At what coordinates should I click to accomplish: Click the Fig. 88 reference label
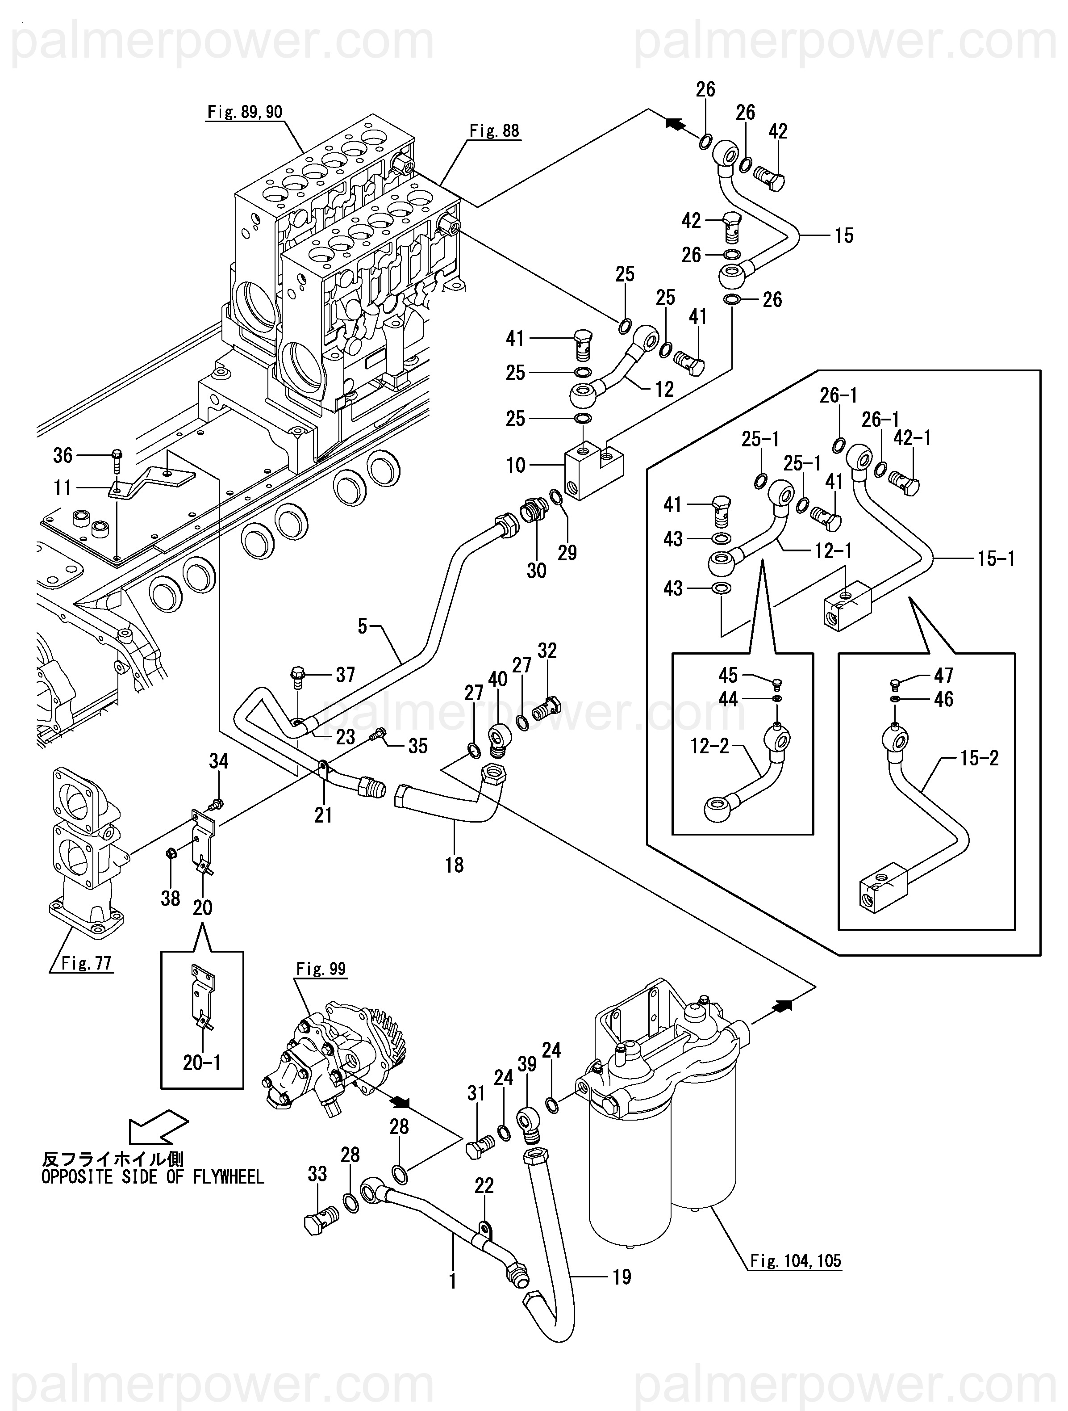coord(494,131)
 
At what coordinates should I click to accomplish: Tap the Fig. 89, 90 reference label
coord(245,112)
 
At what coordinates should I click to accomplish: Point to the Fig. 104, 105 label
coord(795,1260)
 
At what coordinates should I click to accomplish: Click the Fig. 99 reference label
coord(321,969)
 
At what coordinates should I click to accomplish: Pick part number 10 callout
coord(516,465)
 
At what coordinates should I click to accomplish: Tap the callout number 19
coord(622,1277)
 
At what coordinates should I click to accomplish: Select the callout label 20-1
coord(201,1062)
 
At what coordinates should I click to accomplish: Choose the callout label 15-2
coord(979,758)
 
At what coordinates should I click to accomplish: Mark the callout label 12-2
coord(709,746)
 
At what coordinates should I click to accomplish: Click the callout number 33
coord(317,1174)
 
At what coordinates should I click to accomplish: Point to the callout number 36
coord(63,455)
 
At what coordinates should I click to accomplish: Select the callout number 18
coord(454,865)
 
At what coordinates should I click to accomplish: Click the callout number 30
coord(536,570)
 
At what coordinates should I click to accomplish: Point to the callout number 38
coord(170,898)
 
